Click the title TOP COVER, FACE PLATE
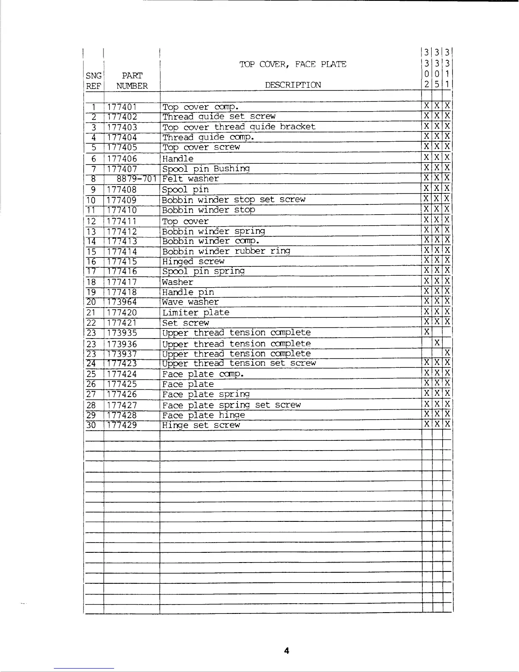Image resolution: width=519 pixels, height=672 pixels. coord(293,64)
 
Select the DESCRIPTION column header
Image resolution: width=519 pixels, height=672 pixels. coord(293,85)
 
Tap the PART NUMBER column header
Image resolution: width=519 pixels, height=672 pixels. coord(132,81)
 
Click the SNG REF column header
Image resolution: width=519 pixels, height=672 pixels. coord(93,81)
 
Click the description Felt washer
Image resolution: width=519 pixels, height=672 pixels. coord(191,179)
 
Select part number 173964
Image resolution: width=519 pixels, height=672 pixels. coord(122,302)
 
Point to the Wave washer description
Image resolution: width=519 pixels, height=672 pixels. coord(191,302)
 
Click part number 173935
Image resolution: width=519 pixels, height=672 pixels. coord(122,333)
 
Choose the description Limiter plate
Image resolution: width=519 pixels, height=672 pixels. coord(196,313)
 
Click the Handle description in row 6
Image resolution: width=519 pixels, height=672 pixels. coord(178,159)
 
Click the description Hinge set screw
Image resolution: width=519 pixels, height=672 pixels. coord(201,425)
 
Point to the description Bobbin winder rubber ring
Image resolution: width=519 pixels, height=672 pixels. coord(226,251)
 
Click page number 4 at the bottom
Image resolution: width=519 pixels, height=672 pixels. coord(287,650)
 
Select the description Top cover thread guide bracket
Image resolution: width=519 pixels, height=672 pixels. coord(239,127)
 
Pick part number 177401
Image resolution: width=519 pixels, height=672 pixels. coord(122,107)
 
